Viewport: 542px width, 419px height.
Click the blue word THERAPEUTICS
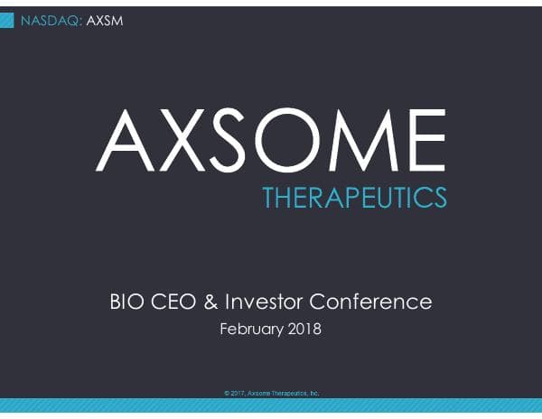click(x=353, y=196)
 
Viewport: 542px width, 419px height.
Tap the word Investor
click(x=263, y=302)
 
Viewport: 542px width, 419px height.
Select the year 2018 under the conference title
click(x=304, y=329)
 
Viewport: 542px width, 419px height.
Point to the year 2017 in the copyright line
click(x=238, y=394)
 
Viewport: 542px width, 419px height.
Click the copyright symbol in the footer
click(x=226, y=394)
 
